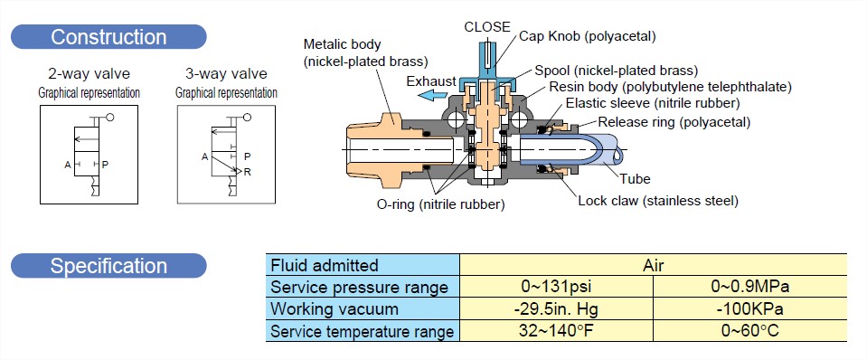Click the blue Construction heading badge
108,37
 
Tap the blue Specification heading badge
108,266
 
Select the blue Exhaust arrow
432,95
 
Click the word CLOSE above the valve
487,26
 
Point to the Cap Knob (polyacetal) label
588,36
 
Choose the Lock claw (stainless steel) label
658,201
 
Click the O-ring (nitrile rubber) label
440,204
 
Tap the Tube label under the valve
635,178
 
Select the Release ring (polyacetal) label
674,122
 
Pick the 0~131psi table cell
556,288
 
